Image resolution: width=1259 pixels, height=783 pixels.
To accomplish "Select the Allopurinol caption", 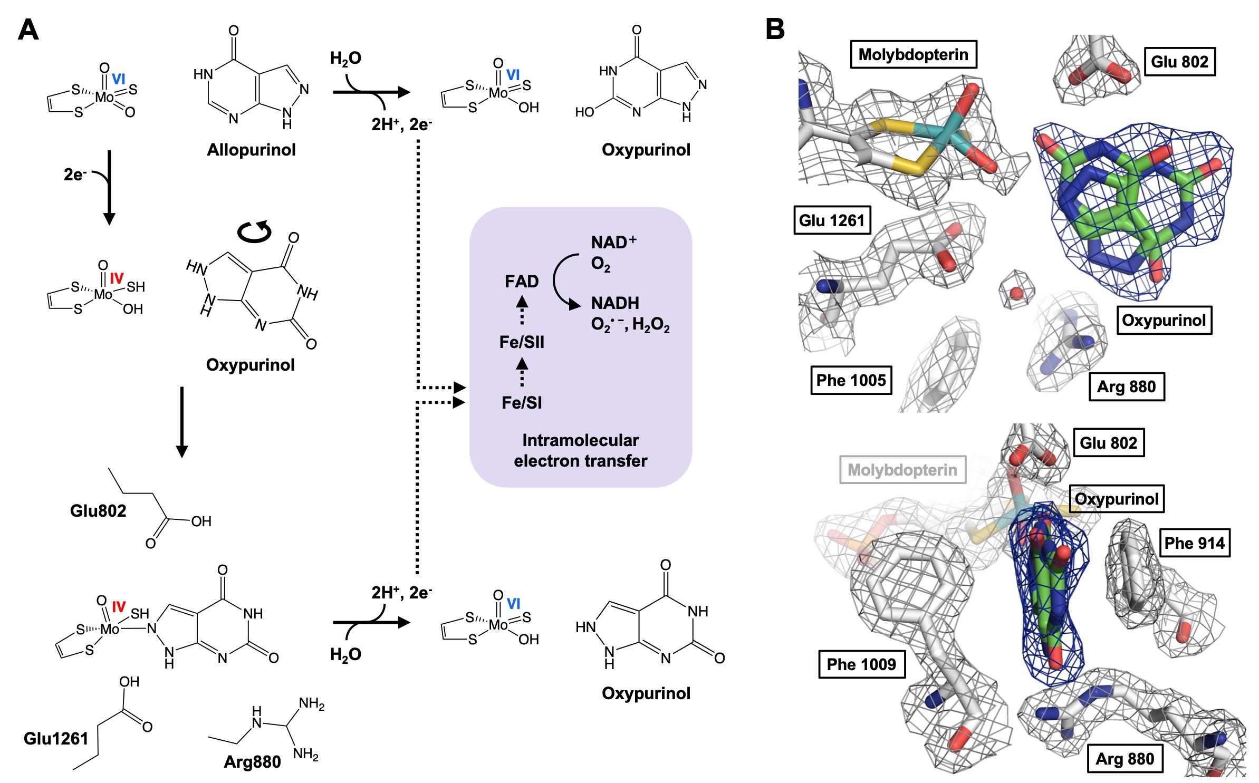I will (x=251, y=150).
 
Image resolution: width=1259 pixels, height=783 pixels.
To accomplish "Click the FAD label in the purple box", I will (x=522, y=282).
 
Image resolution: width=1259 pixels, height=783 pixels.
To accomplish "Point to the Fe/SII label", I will (x=522, y=343).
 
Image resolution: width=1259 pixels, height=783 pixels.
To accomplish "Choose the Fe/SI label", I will (x=522, y=403).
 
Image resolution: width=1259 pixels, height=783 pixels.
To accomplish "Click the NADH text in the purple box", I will (x=615, y=303).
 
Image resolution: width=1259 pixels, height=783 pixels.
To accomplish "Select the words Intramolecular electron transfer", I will (x=580, y=450).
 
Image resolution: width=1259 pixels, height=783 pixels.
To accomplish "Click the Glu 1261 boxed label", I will (x=832, y=220).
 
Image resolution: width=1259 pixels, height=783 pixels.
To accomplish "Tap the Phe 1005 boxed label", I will (x=851, y=380).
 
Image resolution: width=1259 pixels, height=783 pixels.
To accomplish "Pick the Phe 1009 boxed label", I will (x=861, y=664).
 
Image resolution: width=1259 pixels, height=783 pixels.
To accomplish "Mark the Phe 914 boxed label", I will (x=1194, y=543).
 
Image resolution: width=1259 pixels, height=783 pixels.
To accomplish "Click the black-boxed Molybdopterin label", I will (x=913, y=54).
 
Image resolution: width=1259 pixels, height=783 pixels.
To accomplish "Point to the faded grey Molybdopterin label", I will (x=902, y=470).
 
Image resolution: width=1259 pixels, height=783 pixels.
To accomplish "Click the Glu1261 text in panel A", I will (x=56, y=738).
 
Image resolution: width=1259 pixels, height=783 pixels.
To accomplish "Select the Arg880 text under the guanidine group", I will (x=252, y=761).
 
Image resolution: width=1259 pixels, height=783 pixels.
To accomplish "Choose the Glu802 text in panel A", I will (x=98, y=510).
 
